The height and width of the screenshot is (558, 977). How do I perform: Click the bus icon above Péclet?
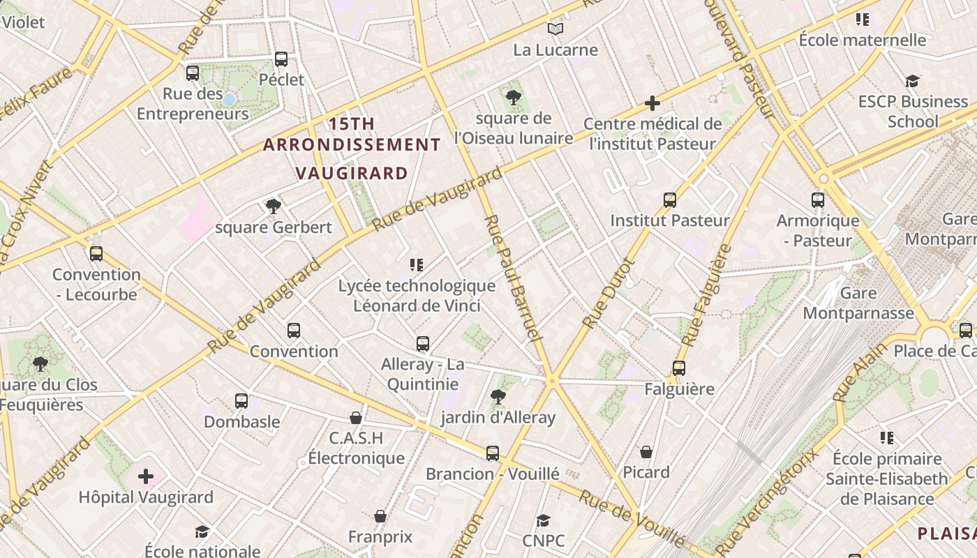281,59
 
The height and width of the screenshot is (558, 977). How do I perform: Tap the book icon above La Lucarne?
555,29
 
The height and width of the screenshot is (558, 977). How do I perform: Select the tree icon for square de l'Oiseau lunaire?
514,98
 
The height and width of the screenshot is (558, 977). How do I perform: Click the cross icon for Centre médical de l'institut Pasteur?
652,104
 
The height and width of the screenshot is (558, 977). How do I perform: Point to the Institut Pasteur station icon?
670,200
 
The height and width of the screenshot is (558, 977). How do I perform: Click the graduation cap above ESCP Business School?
912,82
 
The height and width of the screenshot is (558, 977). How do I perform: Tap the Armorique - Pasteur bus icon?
818,200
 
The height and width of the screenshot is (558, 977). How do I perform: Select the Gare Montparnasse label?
858,303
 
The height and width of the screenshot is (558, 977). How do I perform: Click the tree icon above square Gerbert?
274,206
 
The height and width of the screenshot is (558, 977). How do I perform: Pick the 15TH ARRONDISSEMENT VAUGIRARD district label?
352,148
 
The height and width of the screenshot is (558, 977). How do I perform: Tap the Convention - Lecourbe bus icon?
96,254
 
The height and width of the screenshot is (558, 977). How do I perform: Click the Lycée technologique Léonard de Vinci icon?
417,265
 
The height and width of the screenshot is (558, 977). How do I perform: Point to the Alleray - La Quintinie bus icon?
423,344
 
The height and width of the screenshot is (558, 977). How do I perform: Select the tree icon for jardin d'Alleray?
498,398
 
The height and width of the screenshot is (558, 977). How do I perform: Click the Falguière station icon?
679,368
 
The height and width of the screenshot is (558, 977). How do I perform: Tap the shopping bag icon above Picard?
646,452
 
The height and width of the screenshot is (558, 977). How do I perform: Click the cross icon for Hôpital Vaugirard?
146,477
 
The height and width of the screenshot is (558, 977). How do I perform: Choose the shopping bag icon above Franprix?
380,517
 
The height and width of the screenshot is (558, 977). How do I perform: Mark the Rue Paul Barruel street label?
512,278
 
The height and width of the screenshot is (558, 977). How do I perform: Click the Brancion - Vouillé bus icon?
493,453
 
